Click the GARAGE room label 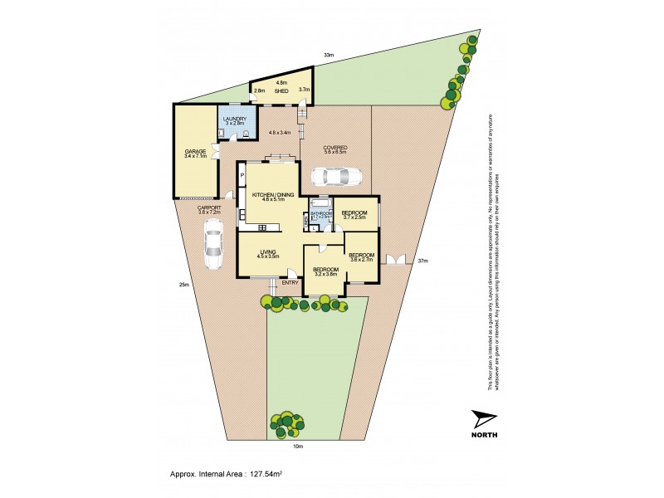(195, 151)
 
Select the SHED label (281, 91)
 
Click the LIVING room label (267, 252)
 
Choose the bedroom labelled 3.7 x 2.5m (354, 213)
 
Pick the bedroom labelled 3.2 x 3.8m (325, 270)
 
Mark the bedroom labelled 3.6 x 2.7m (361, 255)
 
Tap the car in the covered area (335, 177)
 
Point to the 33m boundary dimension (330, 56)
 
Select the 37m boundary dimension (422, 261)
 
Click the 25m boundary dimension (183, 285)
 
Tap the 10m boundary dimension (298, 447)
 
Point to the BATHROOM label (321, 212)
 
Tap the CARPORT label (209, 208)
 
